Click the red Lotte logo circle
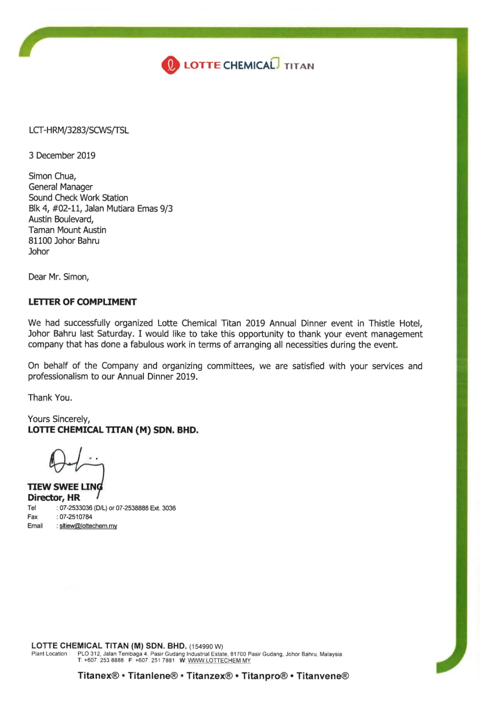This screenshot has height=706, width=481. [170, 65]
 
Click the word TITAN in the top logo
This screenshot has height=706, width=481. [299, 66]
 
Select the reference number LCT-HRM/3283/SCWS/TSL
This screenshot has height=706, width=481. [79, 130]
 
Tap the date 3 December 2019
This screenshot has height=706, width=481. [62, 155]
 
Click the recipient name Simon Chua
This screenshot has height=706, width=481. [52, 176]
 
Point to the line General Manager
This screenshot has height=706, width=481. [60, 187]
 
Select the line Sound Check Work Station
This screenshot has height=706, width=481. [78, 198]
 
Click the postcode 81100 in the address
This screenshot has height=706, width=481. [40, 241]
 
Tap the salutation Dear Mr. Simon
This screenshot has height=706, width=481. [59, 277]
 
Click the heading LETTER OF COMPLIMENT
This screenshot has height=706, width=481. [82, 302]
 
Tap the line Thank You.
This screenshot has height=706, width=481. [50, 398]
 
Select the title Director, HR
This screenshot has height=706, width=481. [54, 498]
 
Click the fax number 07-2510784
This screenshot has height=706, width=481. [76, 517]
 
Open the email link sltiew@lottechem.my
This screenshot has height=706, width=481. [88, 526]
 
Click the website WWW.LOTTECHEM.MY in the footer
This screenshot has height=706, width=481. [219, 661]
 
